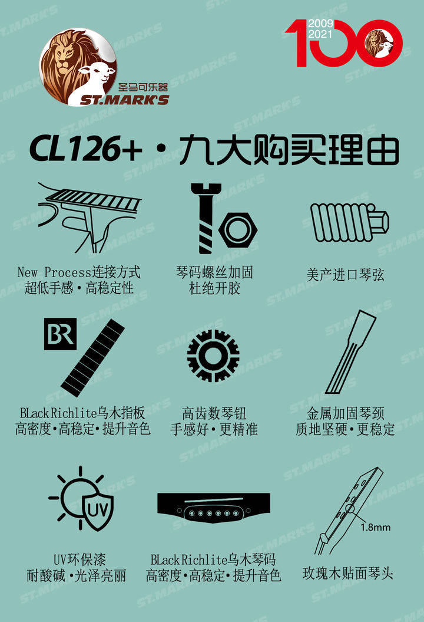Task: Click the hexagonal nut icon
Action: [238, 230]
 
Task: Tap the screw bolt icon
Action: [206, 218]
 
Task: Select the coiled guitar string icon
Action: [349, 222]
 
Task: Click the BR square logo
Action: [60, 334]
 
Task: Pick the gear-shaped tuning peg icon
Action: [213, 356]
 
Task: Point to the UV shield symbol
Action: [98, 510]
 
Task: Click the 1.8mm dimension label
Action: [375, 527]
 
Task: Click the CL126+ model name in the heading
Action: [85, 149]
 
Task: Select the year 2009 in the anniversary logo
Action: [320, 24]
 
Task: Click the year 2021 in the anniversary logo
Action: [320, 34]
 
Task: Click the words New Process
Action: [55, 272]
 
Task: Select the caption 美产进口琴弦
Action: [345, 275]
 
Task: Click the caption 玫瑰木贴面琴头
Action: [347, 573]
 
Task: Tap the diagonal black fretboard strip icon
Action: [92, 358]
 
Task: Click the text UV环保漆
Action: [79, 560]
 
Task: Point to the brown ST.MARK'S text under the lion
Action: [124, 100]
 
